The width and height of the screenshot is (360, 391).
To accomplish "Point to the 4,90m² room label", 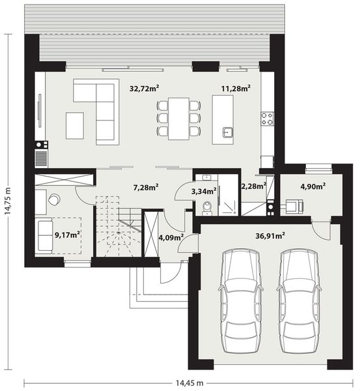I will [x=312, y=186].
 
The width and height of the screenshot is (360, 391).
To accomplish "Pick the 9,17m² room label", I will [x=68, y=234].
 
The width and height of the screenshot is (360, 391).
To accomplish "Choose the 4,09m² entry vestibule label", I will [x=170, y=237].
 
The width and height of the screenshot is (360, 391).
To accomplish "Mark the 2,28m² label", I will [x=253, y=186].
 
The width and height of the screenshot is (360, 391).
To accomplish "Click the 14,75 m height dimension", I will [x=8, y=204].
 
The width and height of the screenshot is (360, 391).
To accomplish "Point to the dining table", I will [x=178, y=119].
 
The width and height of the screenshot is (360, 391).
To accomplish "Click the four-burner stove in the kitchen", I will [x=267, y=119].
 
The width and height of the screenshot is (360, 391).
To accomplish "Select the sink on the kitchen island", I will [x=226, y=133].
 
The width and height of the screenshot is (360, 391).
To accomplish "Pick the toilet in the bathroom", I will [x=206, y=208].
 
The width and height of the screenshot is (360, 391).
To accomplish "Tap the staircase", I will [x=118, y=229].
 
